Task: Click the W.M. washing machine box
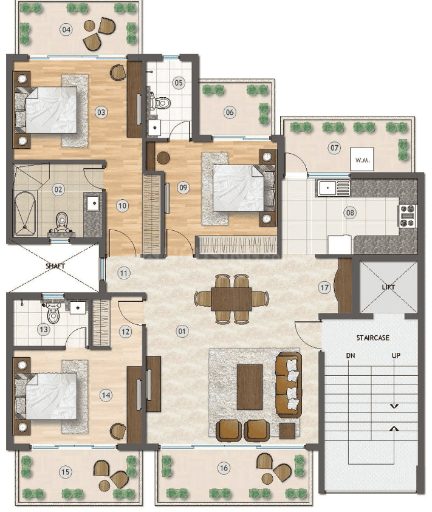point(362,159)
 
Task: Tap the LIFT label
point(388,287)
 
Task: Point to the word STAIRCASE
point(373,338)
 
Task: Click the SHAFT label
point(55,266)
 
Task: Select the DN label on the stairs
point(351,355)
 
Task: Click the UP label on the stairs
point(396,355)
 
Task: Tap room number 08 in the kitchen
point(350,213)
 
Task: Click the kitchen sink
point(334,188)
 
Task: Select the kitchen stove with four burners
point(407,216)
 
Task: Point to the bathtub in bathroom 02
point(25,214)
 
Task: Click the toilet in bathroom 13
point(52,312)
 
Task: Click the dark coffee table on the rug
point(250,387)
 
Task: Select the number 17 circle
point(324,288)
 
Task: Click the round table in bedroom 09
point(163,158)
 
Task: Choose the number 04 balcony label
point(66,30)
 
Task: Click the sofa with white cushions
point(289,384)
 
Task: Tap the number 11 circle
point(123,273)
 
